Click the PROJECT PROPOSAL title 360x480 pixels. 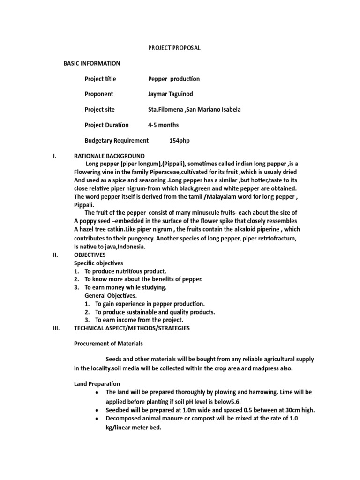pyautogui.click(x=174, y=48)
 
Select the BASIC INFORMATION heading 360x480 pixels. pyautogui.click(x=92, y=63)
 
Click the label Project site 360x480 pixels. pyautogui.click(x=99, y=110)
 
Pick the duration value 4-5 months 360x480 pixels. pyautogui.click(x=163, y=125)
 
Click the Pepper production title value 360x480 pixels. pyautogui.click(x=173, y=79)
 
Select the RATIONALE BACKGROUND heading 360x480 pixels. pyautogui.click(x=109, y=156)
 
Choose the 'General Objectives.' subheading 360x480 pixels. pyautogui.click(x=111, y=296)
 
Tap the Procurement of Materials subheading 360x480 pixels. pyautogui.click(x=108, y=344)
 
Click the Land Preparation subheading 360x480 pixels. pyautogui.click(x=97, y=384)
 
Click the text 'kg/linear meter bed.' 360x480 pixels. pyautogui.click(x=134, y=427)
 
